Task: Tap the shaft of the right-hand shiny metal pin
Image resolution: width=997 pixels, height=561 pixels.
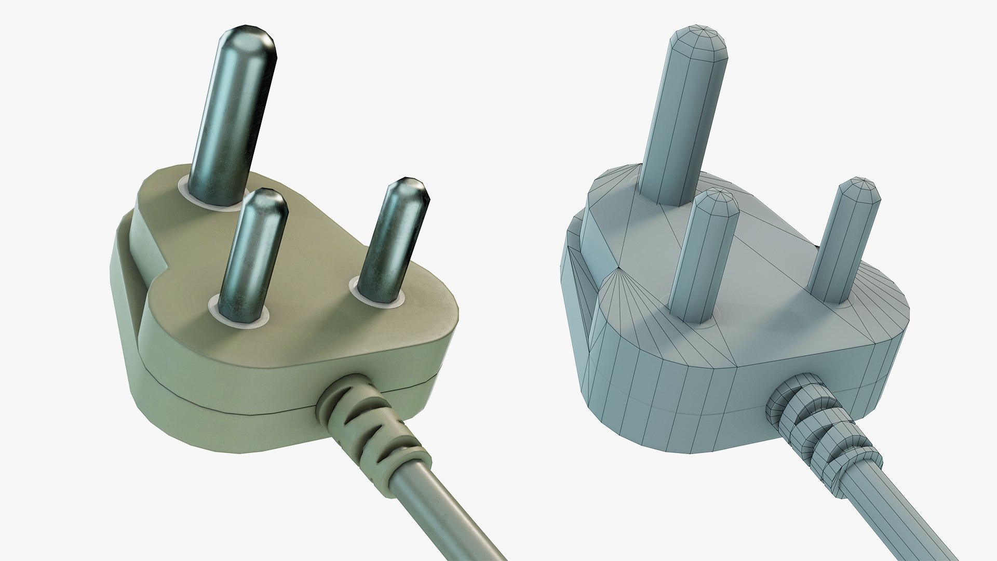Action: coord(395,244)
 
